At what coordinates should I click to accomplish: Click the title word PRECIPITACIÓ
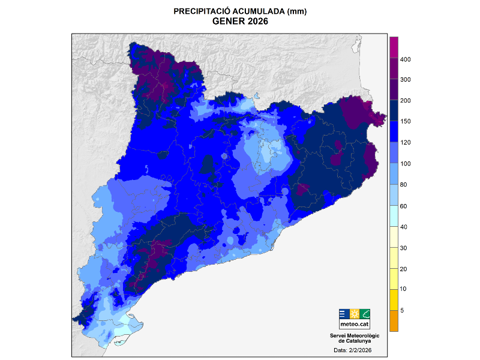pos(199,11)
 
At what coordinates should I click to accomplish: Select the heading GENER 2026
pos(240,22)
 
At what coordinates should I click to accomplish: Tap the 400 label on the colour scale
pos(405,59)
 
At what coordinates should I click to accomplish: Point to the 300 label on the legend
pos(405,80)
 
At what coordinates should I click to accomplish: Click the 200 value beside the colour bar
pos(405,101)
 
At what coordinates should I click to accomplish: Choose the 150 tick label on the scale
pos(405,122)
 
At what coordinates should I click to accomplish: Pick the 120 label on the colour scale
pos(405,143)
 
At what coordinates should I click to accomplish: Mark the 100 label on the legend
pos(405,164)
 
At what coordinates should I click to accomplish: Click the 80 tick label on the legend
pos(404,185)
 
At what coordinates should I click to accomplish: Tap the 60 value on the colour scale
pos(404,206)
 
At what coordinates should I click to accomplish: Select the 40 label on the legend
pos(404,227)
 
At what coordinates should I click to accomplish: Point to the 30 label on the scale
pos(404,248)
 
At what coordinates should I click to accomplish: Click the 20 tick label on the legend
pos(404,269)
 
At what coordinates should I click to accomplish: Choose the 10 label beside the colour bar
pos(404,289)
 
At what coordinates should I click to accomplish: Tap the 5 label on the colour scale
pos(402,310)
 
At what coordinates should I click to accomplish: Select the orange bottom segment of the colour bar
pos(394,320)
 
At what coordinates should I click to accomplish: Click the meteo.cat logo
pos(355,318)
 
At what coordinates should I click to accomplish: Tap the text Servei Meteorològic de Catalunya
pos(355,338)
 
